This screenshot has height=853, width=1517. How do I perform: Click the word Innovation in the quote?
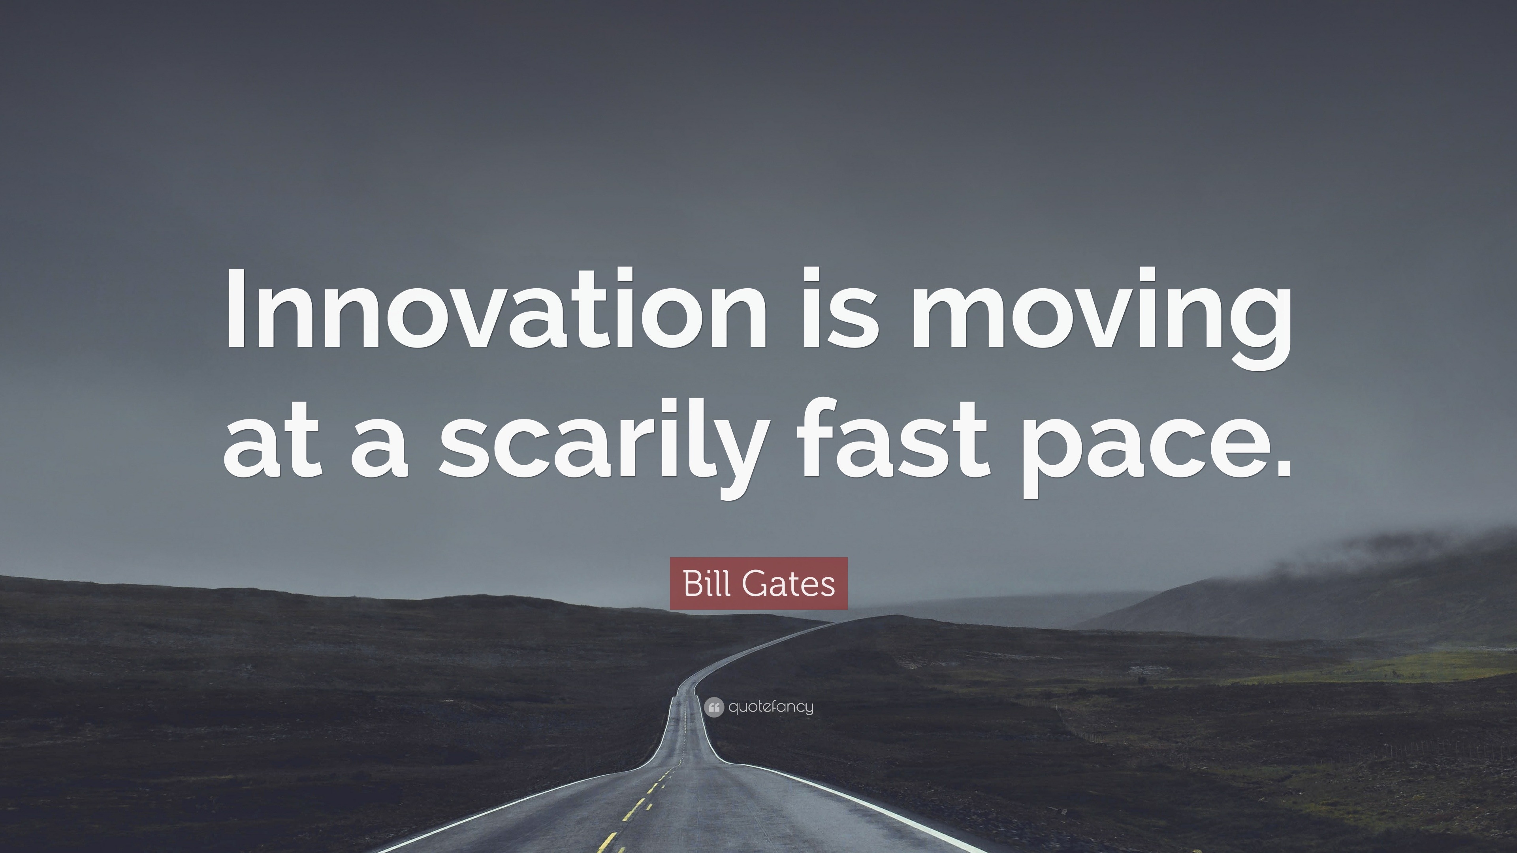coord(497,307)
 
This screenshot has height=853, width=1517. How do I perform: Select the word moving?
coord(1101,318)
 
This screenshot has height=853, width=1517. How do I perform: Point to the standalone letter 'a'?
coord(380,447)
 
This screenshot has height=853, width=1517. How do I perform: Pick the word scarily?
coord(604,446)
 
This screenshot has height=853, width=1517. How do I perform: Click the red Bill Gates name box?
coord(758,583)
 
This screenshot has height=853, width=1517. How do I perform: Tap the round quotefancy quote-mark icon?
coord(714,707)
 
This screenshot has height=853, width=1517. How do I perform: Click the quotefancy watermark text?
coord(771,707)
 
